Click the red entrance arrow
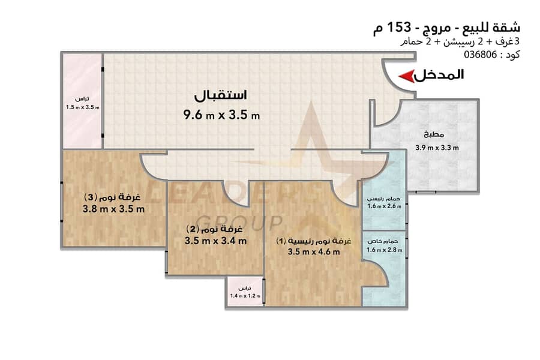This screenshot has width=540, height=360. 406,76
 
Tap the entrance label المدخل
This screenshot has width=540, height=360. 439,75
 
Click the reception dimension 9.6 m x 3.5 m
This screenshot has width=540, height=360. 221,115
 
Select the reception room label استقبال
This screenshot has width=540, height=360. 221,95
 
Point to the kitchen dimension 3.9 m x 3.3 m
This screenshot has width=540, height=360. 437,148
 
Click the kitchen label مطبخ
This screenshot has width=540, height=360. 434,134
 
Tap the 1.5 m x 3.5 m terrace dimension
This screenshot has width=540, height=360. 83,107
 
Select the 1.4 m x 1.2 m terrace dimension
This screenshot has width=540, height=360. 245,296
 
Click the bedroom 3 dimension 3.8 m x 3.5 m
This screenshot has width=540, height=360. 113,209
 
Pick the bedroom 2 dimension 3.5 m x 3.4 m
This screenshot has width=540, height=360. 215,241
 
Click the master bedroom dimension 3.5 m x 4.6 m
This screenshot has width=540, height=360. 314,252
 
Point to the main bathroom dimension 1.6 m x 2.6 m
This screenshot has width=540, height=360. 384,206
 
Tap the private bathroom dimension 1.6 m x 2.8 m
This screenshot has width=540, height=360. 384,250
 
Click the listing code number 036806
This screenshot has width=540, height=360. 481,55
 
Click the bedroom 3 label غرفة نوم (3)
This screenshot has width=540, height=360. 113,197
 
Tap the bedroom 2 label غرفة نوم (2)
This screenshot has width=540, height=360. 215,229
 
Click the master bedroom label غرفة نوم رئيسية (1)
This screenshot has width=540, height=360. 314,241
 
